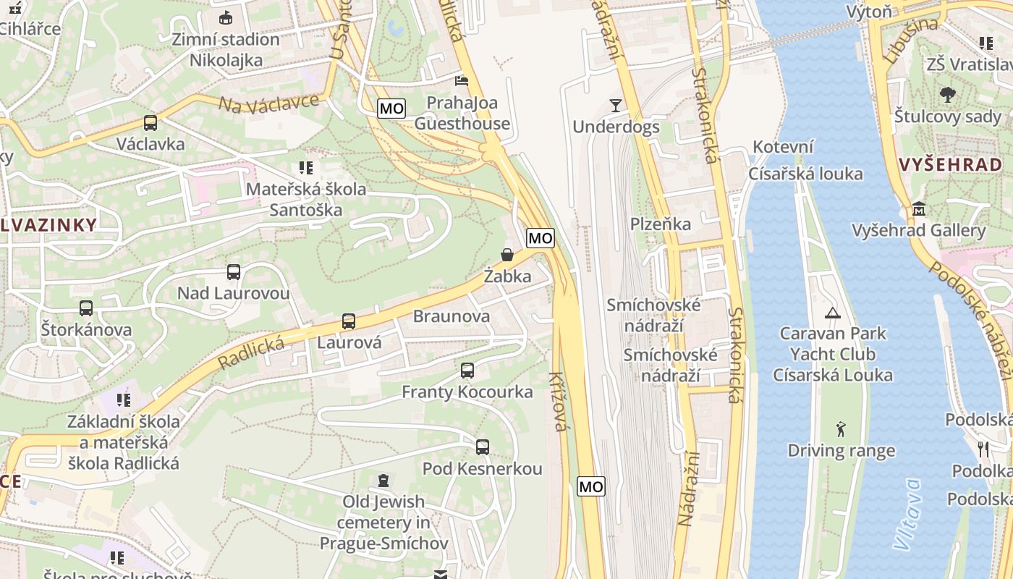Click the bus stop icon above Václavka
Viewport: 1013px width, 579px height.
tap(151, 123)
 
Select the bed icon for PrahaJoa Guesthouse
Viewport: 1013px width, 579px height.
tap(462, 80)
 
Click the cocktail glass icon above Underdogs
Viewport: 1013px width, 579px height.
tap(616, 106)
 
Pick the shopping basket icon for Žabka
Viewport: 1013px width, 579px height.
tap(507, 255)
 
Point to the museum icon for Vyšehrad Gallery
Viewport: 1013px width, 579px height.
tap(919, 209)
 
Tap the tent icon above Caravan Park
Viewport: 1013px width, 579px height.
tap(832, 313)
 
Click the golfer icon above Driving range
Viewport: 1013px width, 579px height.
tap(841, 429)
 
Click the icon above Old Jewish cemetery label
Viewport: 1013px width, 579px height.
tap(383, 480)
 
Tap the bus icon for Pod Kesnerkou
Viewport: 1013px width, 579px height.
tap(482, 447)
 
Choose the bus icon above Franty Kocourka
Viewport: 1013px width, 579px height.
tap(467, 371)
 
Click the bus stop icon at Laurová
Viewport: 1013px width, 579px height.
tap(349, 321)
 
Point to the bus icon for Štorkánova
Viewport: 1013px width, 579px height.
tap(86, 308)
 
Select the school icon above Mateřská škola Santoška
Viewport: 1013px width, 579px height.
tap(306, 168)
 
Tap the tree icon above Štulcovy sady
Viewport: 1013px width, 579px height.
tap(947, 94)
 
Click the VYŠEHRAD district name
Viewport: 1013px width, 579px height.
tap(950, 164)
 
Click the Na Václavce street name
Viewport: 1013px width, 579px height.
tap(268, 103)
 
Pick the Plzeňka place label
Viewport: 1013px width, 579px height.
tap(661, 224)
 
